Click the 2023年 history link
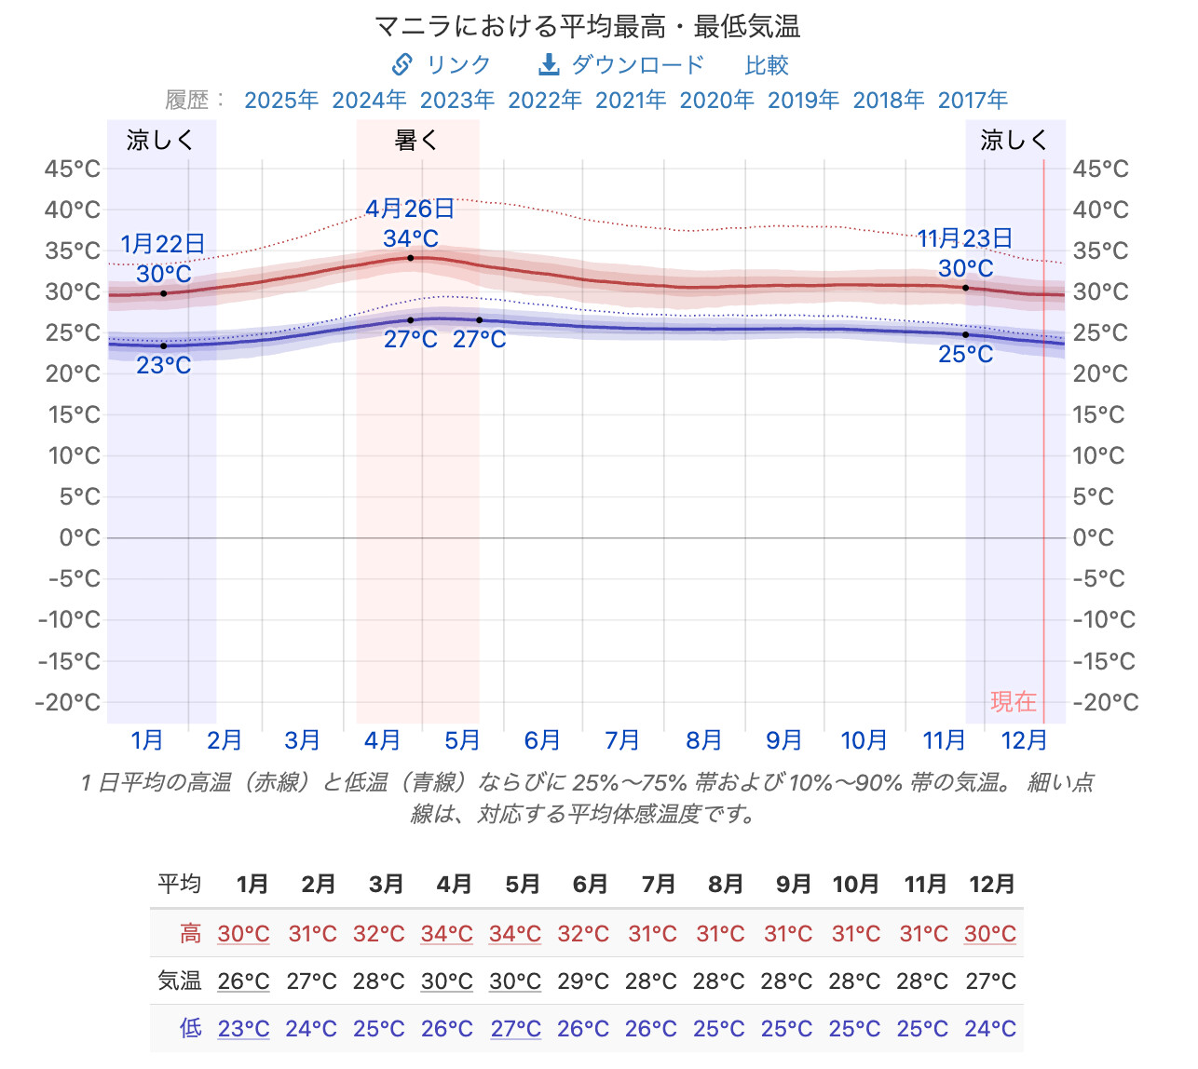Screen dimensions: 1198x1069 coord(456,100)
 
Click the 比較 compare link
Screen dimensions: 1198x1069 coord(767,65)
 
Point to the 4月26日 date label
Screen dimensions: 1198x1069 coord(410,209)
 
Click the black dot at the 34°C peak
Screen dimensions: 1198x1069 coord(411,258)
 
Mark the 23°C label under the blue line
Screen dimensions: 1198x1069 coord(164,365)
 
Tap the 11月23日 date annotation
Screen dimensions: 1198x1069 coord(964,238)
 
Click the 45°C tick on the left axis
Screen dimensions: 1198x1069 coord(72,169)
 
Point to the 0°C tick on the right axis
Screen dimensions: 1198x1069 coord(1094,537)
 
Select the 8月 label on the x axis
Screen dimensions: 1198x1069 coord(703,739)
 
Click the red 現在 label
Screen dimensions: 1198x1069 coord(1013,702)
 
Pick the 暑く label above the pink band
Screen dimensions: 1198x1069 coord(415,140)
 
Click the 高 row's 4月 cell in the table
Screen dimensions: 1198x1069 coord(446,934)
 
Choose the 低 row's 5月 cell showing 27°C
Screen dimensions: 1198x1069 coord(515,1028)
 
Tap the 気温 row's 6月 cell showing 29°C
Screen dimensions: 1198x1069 coord(583,981)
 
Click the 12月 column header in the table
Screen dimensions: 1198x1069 coord(991,884)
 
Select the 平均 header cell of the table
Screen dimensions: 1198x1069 coord(179,884)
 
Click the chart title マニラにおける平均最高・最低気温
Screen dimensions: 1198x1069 coord(587,27)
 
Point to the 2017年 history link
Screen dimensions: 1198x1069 coord(973,100)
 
